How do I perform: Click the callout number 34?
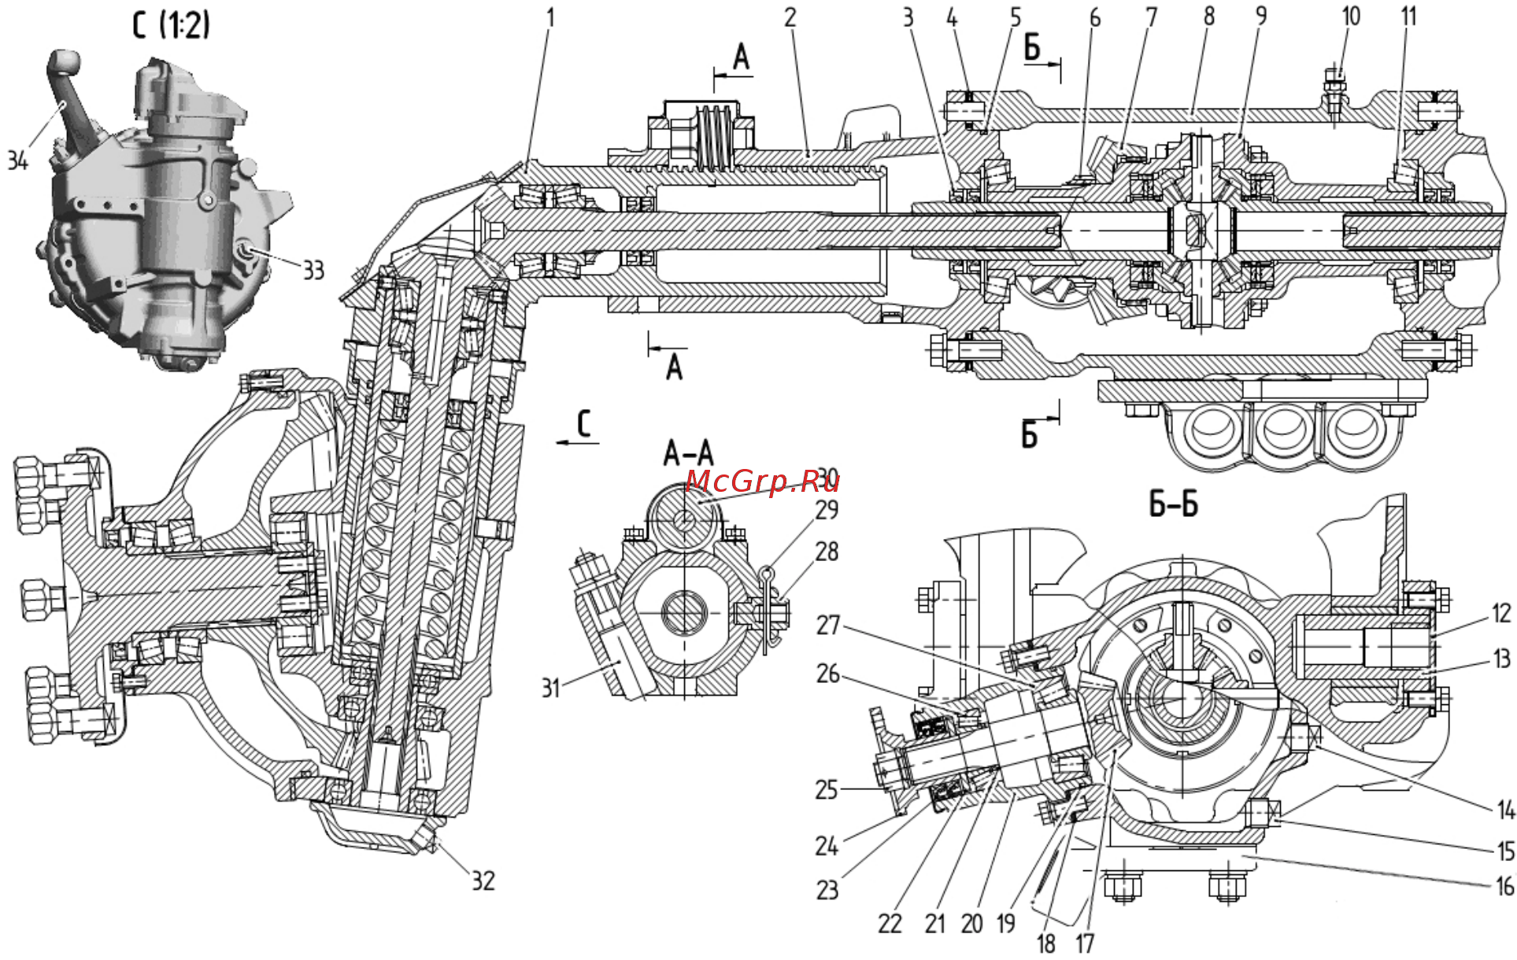coord(17,160)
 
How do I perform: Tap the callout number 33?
coord(313,270)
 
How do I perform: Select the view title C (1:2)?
coord(171,25)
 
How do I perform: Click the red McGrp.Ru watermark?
coord(762,481)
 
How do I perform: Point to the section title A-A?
coord(689,453)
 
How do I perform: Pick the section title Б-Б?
coord(1173,504)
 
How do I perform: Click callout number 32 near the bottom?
coord(483,881)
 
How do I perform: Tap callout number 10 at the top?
coord(1351,16)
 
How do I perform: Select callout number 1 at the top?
coord(550,17)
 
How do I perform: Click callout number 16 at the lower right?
coord(1504,887)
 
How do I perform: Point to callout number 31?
coord(550,688)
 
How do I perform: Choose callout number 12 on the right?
coord(1501,613)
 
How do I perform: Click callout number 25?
coord(826,789)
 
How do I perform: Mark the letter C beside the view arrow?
coord(583,423)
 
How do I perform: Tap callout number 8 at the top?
coord(1209,16)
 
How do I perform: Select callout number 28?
coord(827,552)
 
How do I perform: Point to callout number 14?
coord(1505,809)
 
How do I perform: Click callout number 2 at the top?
coord(790,17)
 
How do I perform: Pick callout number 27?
coord(828,626)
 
